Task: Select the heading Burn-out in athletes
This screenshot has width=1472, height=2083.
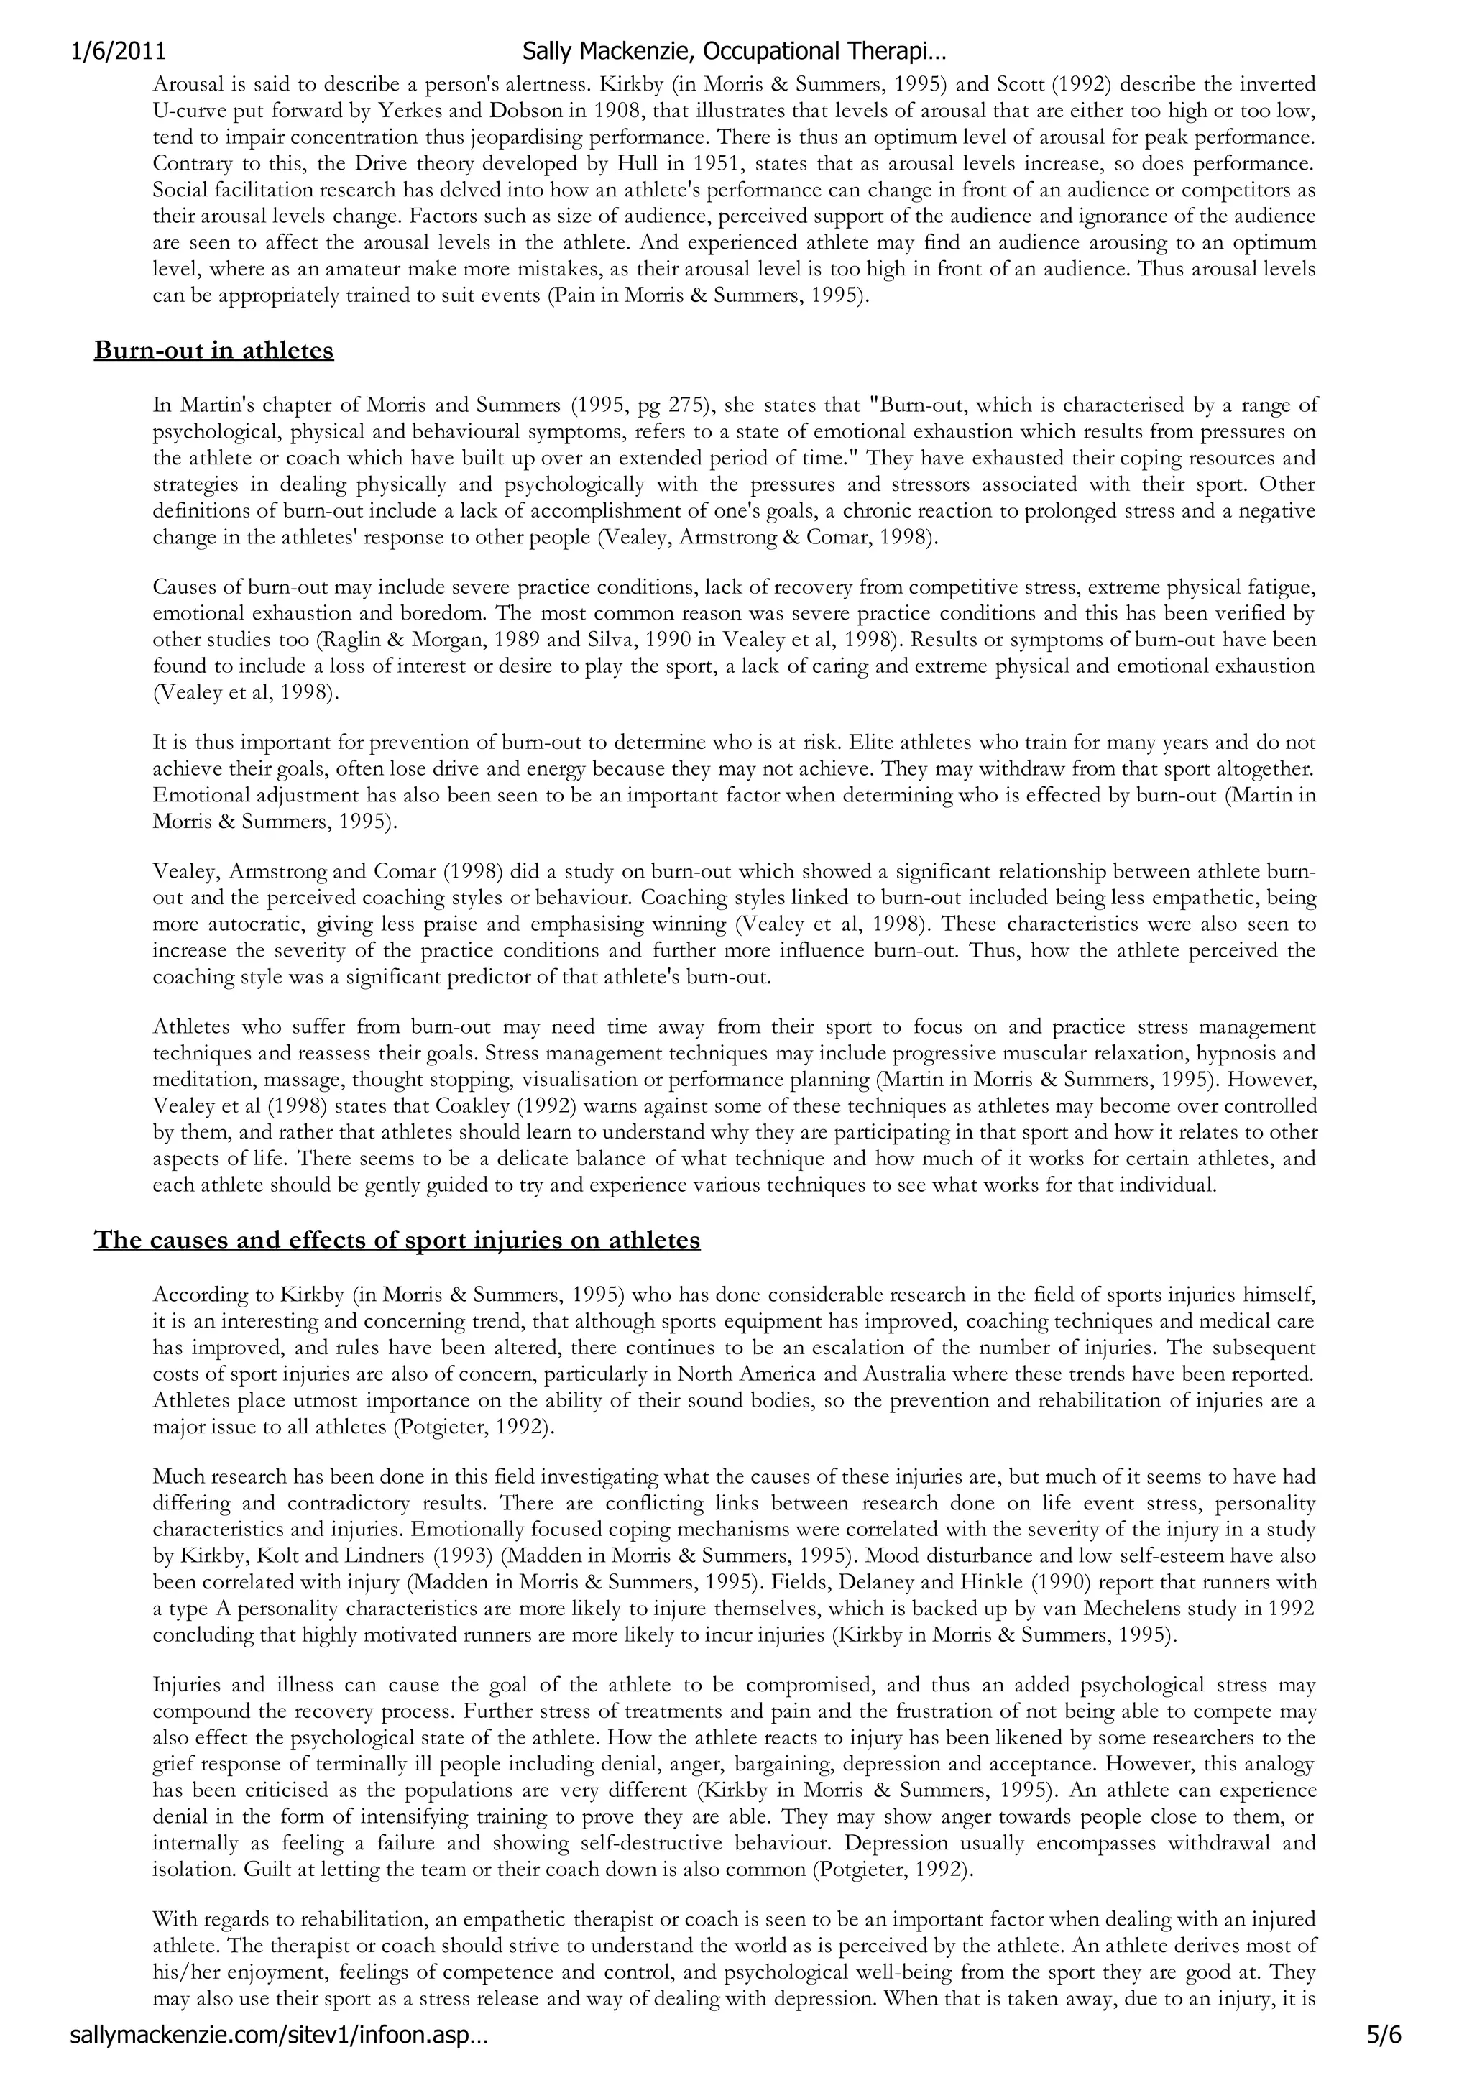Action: (213, 350)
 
